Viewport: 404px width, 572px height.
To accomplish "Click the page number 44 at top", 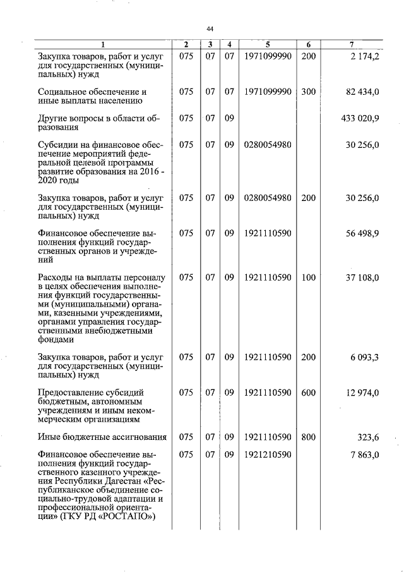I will pos(210,28).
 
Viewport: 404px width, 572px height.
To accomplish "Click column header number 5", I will pos(268,44).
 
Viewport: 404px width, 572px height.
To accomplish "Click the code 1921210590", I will pos(268,454).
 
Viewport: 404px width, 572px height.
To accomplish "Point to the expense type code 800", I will pos(308,436).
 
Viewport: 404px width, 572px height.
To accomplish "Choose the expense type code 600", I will pos(308,392).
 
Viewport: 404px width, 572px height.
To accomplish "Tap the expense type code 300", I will pos(308,92).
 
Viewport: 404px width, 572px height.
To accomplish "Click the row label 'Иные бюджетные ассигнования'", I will pos(102,436).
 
